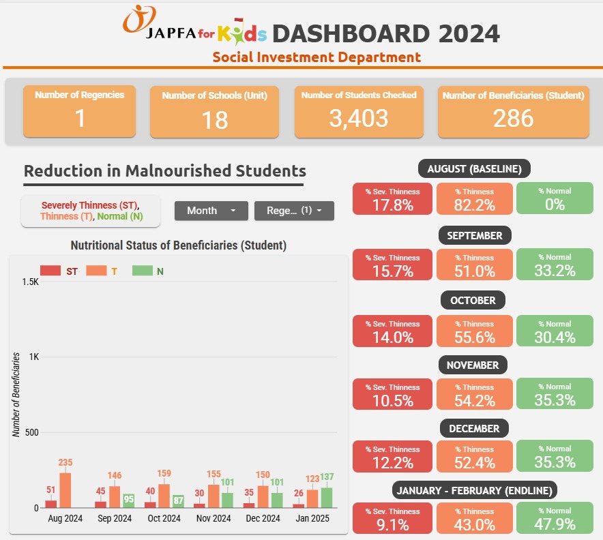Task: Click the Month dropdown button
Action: click(211, 211)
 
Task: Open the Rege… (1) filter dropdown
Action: click(294, 211)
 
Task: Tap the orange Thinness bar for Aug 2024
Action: click(65, 490)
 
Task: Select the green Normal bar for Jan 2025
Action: click(327, 498)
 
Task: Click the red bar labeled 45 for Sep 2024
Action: click(100, 505)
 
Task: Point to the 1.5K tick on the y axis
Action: click(31, 282)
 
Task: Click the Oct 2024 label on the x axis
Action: click(164, 518)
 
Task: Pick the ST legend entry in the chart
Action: click(59, 271)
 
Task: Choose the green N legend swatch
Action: click(143, 271)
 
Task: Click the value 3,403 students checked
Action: click(359, 118)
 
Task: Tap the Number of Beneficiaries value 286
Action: click(514, 118)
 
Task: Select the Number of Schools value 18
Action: click(215, 120)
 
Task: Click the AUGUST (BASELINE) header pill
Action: click(474, 168)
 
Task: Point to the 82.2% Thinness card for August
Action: click(475, 198)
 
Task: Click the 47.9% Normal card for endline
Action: click(555, 517)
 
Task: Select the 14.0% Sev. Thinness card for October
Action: click(392, 331)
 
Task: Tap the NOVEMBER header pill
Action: click(473, 365)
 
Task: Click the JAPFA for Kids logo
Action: click(195, 25)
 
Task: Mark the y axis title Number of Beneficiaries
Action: click(16, 395)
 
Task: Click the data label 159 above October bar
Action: click(164, 473)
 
